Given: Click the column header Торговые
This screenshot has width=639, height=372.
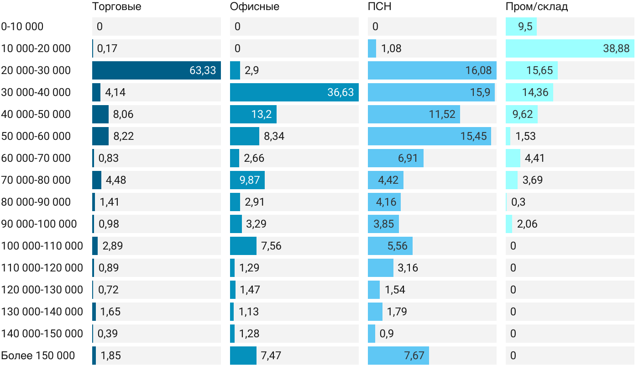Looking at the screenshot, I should pos(116,6).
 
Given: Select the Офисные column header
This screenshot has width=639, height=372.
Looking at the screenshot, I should pos(255,6).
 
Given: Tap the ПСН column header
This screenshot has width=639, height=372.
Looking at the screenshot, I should pos(380,6).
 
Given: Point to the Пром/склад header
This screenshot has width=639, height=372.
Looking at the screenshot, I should pos(537,6).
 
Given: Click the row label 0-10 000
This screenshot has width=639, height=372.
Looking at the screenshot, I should pos(22,27).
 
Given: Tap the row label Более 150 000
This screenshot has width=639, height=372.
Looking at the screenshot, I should pos(38,356).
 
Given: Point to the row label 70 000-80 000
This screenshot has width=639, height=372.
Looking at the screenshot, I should pos(36,180).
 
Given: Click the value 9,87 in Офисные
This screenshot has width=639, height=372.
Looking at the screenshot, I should pos(250,180).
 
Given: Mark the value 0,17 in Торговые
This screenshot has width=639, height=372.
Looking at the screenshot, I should pos(107,48).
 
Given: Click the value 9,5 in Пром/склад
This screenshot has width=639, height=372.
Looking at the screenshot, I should pos(525,27).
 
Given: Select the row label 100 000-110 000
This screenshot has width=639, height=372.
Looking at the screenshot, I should pos(42,246).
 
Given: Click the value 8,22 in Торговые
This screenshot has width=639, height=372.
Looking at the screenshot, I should pos(124,136).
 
